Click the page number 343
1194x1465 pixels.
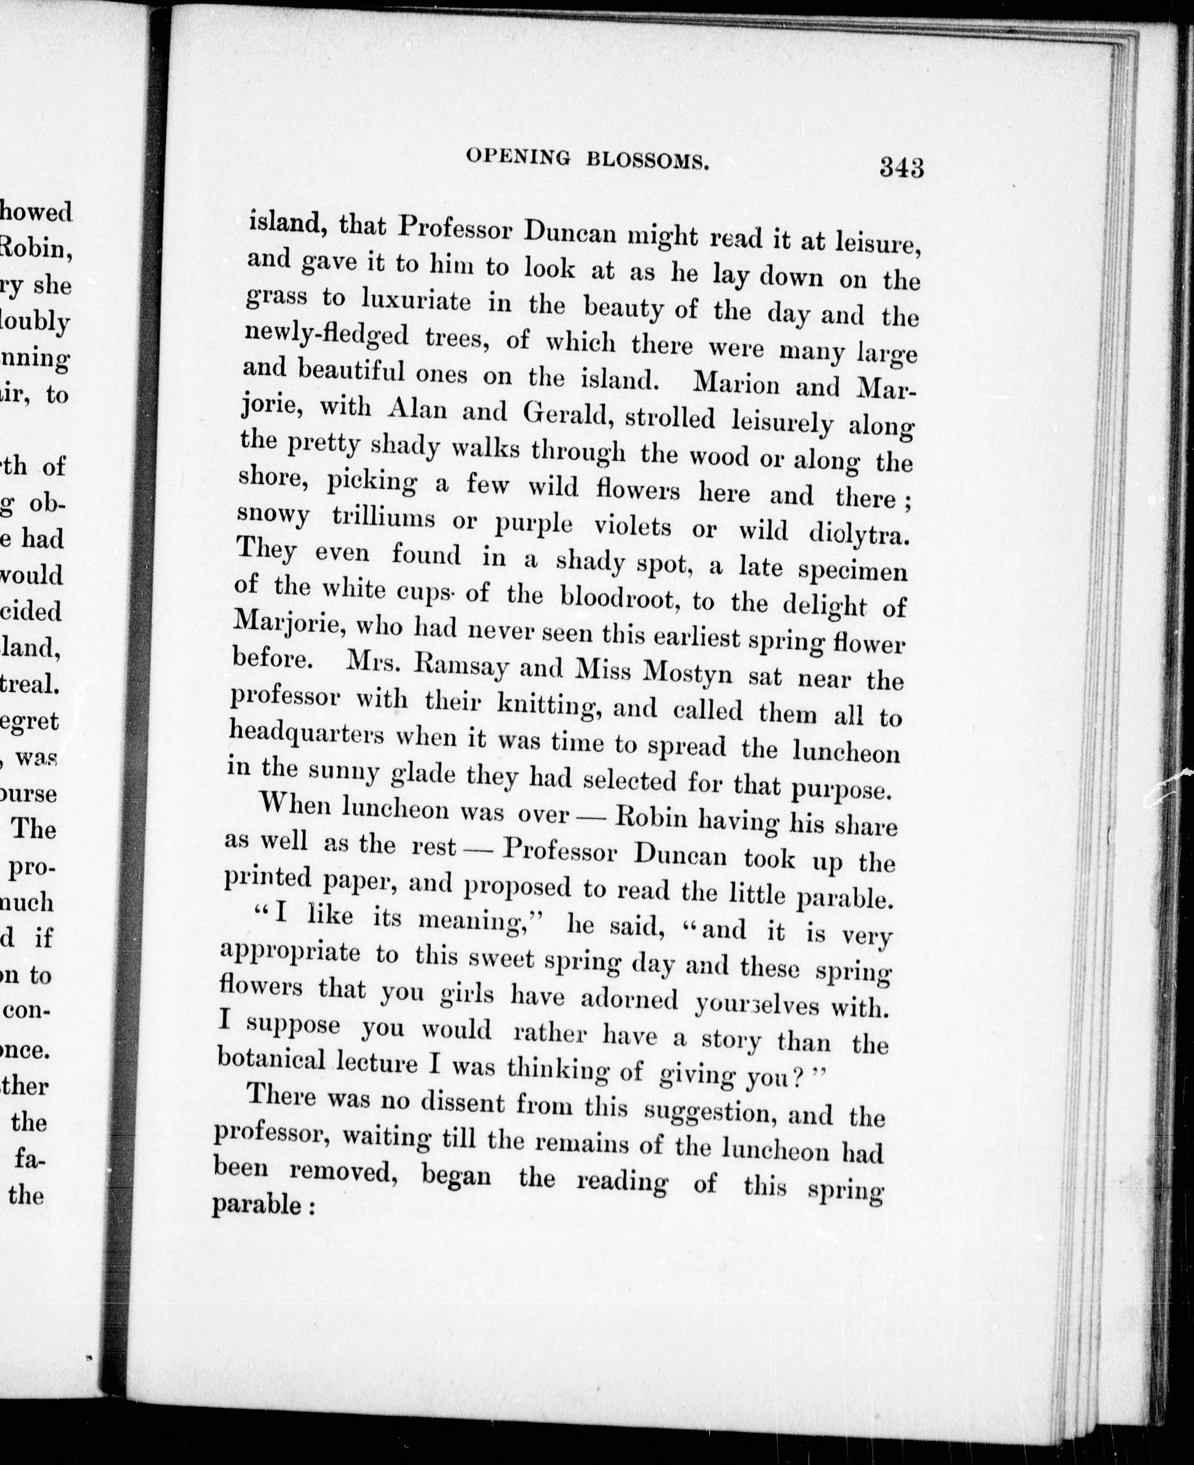click(901, 167)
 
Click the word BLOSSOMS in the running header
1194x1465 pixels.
click(647, 162)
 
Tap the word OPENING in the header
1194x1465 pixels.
click(518, 158)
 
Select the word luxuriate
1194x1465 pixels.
click(417, 300)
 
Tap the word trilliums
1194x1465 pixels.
click(383, 518)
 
